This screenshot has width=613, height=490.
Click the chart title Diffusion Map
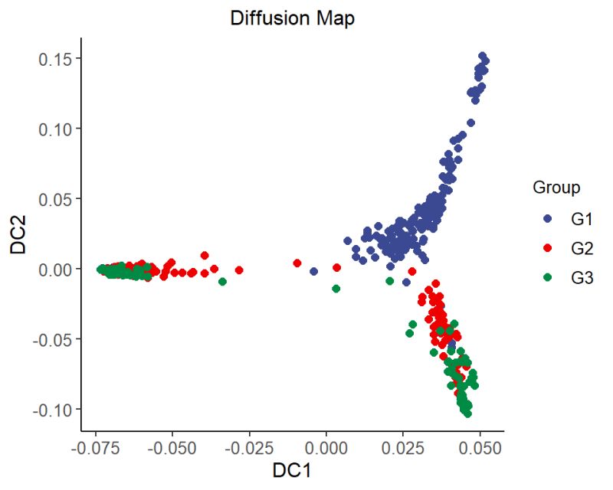point(292,19)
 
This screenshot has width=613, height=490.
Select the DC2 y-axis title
point(19,234)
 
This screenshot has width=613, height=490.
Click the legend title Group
point(556,188)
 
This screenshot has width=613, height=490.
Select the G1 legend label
point(582,219)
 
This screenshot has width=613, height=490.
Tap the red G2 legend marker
point(547,249)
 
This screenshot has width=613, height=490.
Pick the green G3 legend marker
point(547,279)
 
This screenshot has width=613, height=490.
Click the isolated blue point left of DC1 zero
point(313,271)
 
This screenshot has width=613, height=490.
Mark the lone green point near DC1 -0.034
point(222,282)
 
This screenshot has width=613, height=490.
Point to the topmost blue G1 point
point(482,56)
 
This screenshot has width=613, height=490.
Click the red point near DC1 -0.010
point(297,263)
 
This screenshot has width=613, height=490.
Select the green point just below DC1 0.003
point(336,289)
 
